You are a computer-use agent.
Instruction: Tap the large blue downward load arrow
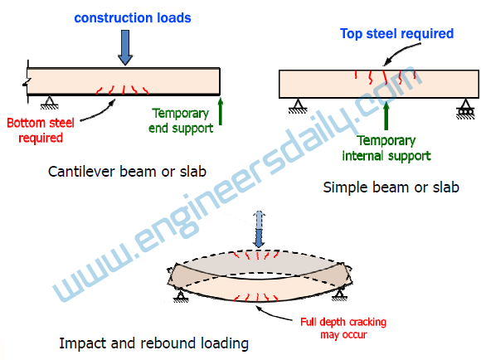(124, 47)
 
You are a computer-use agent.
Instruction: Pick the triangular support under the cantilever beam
(49, 102)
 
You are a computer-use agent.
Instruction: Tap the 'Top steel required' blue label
(397, 34)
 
